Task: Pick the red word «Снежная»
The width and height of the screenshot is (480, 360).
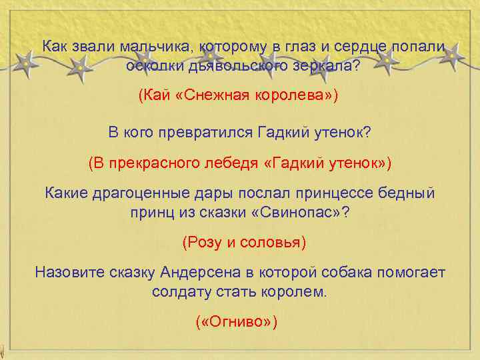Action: (216, 94)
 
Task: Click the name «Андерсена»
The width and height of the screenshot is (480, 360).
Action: (203, 273)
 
